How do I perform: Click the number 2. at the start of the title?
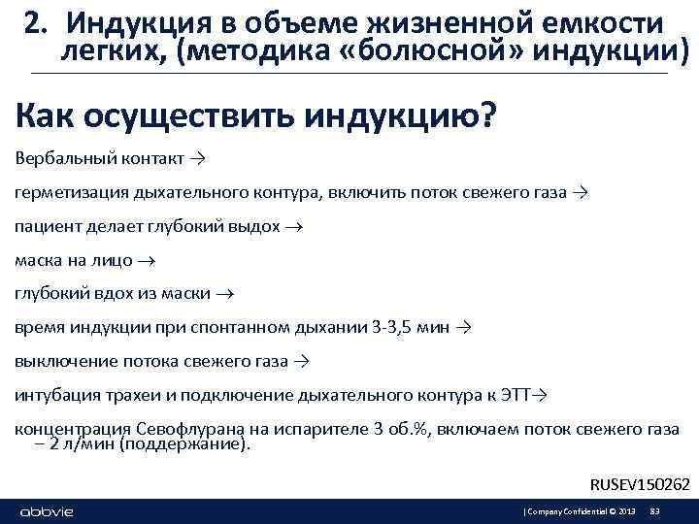[x=39, y=21]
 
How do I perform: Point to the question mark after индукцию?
[x=485, y=115]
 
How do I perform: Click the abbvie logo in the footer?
[x=47, y=511]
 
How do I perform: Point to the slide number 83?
[x=654, y=511]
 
